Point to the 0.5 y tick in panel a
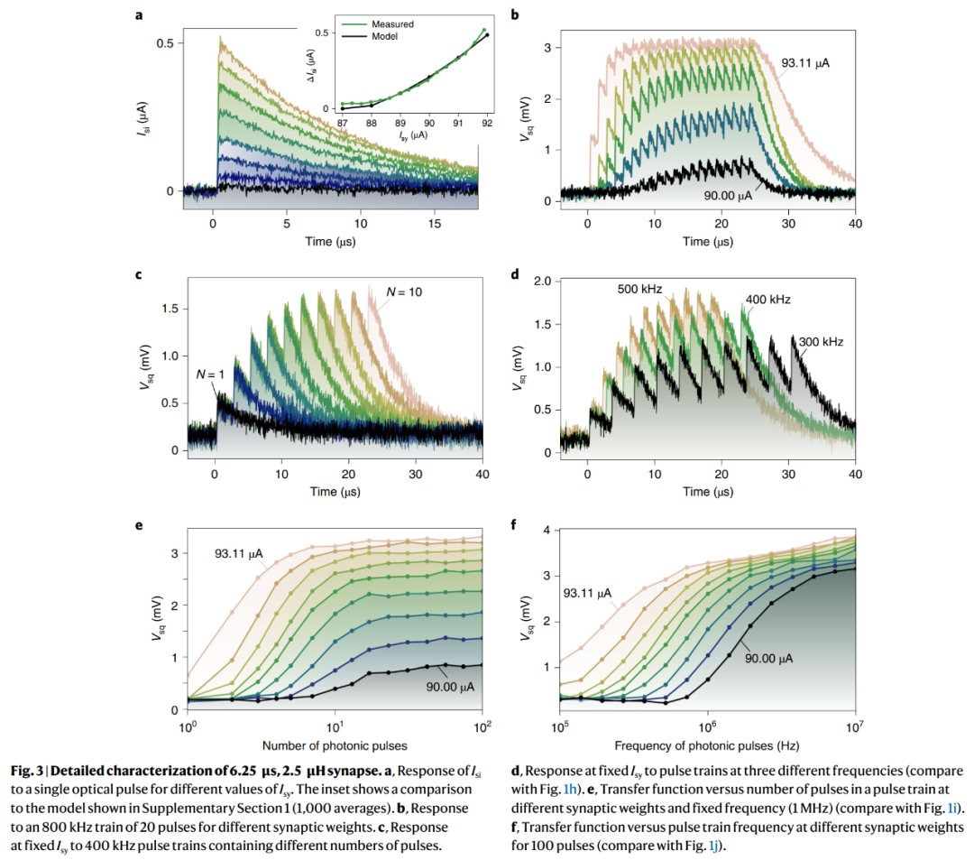click(164, 43)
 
